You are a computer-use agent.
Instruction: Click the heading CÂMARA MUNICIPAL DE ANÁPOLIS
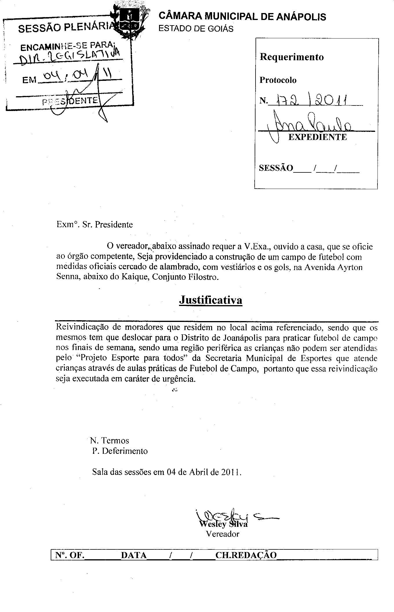[242, 17]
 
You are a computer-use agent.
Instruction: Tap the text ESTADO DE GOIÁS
[196, 29]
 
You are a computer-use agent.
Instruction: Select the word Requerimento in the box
[291, 57]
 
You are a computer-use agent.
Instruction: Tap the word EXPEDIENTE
[318, 137]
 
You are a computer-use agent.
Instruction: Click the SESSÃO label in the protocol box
[276, 168]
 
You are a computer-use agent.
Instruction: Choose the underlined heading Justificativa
[211, 300]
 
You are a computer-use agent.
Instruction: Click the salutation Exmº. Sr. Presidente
[94, 224]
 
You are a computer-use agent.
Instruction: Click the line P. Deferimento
[120, 451]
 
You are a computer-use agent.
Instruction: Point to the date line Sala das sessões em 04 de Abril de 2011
[167, 472]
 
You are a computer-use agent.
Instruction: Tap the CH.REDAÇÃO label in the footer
[246, 555]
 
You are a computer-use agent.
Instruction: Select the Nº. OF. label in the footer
[70, 555]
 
